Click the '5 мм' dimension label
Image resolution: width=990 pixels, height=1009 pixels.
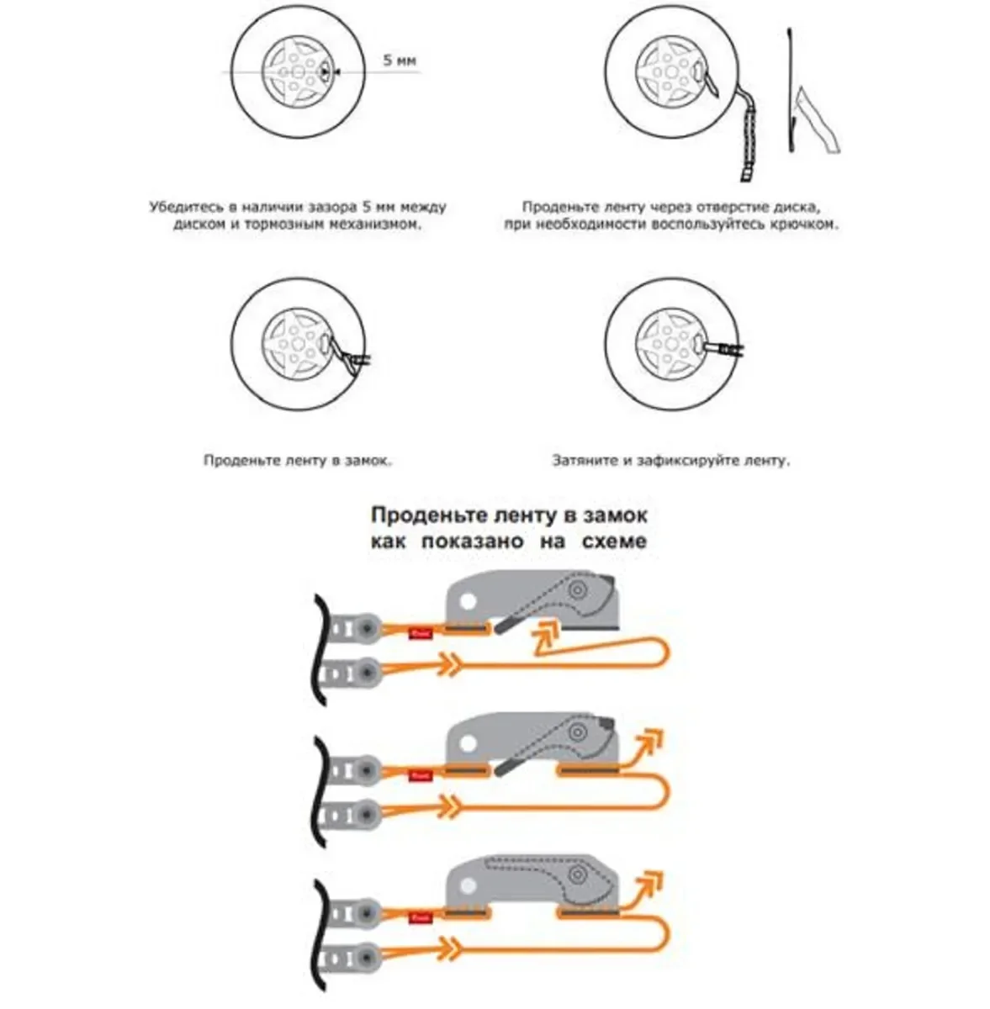tap(400, 60)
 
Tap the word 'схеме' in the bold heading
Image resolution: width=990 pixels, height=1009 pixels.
tap(614, 541)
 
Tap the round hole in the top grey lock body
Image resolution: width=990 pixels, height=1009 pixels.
tap(469, 600)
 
